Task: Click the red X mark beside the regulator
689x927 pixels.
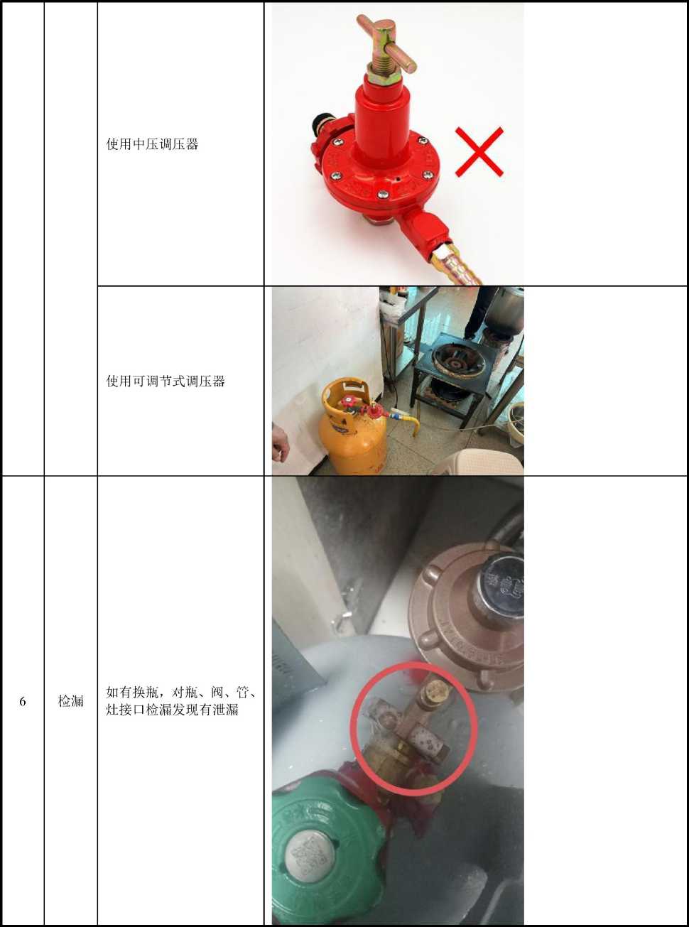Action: click(479, 152)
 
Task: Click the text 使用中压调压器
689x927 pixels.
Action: click(152, 145)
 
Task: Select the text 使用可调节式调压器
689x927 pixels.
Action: click(166, 381)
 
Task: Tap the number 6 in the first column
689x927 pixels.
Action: click(23, 701)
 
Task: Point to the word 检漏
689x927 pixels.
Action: click(70, 701)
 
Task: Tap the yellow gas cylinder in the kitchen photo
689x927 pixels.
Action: click(352, 426)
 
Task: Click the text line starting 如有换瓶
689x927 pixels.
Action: click(181, 693)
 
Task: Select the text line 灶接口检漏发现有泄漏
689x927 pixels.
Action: click(172, 710)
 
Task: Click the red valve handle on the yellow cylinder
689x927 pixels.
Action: click(347, 402)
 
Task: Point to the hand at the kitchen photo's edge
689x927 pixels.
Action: click(280, 445)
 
